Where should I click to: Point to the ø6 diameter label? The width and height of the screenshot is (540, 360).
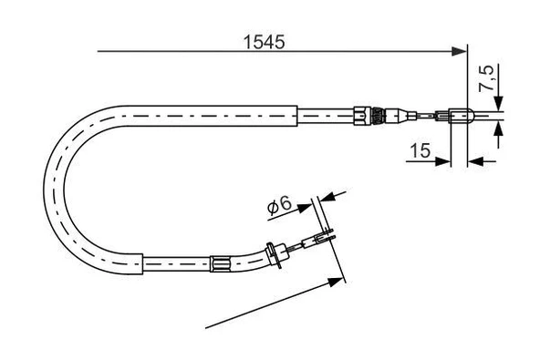click(279, 207)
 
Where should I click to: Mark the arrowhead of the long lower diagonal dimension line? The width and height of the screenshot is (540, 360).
click(339, 279)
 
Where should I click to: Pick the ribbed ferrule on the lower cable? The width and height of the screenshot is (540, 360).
click(219, 263)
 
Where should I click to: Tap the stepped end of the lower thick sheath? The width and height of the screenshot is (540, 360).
click(142, 262)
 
